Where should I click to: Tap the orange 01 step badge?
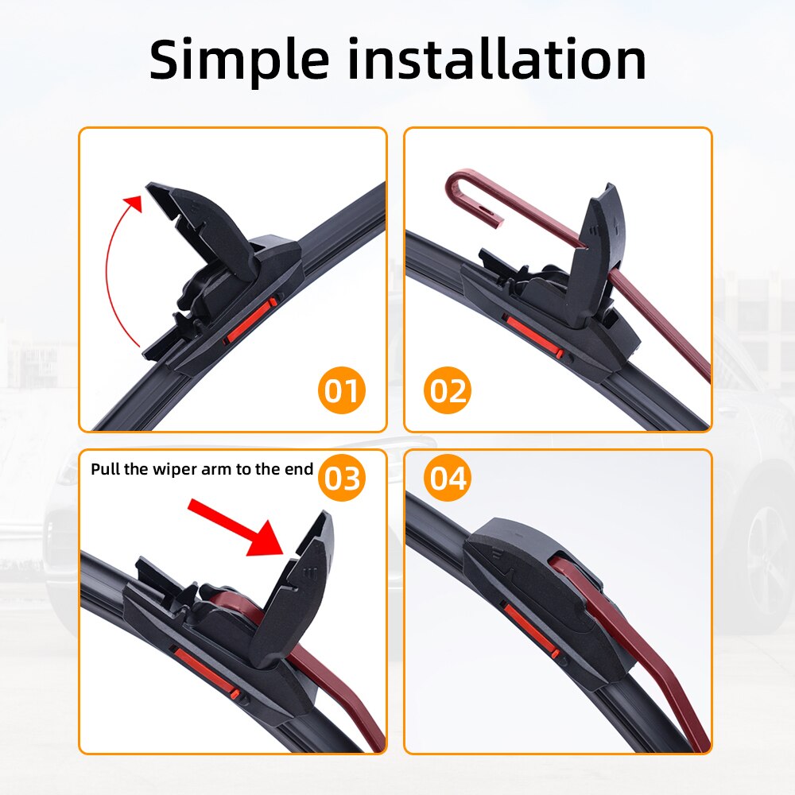(x=342, y=392)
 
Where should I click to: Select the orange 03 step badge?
(x=342, y=479)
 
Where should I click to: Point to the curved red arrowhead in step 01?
(x=135, y=200)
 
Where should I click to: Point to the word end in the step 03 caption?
(x=299, y=468)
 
